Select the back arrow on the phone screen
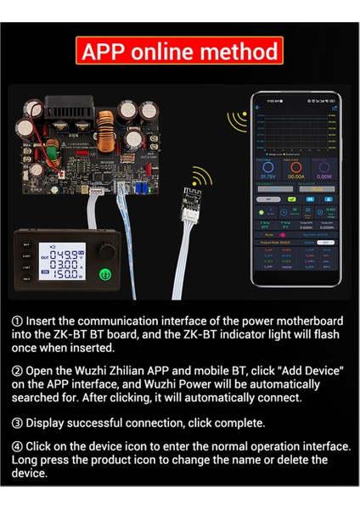[x=260, y=108]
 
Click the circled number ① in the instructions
[x=18, y=321]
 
